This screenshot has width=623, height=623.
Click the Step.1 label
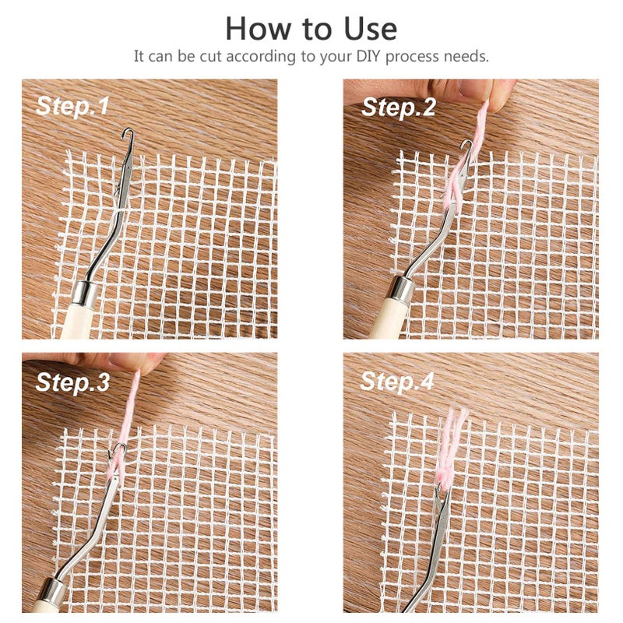point(73,107)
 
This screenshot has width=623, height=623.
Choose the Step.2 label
point(398,108)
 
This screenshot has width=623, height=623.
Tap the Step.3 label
point(73,382)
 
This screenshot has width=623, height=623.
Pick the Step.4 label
point(398,381)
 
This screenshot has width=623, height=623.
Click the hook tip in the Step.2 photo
point(466,145)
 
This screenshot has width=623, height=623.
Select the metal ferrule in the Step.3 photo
point(55,590)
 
